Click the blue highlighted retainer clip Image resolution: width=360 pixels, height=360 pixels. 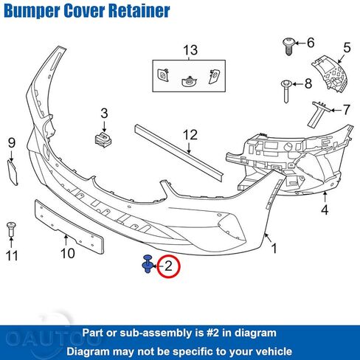[148, 264]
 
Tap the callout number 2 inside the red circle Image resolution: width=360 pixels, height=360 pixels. [168, 266]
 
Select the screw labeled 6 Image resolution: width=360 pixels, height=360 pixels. [288, 46]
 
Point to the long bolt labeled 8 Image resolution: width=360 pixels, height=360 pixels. [286, 91]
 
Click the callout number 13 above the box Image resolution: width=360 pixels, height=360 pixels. [190, 50]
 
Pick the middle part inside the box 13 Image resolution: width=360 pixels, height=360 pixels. [189, 81]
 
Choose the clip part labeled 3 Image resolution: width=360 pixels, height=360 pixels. [103, 140]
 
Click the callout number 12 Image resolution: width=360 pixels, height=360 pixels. [190, 135]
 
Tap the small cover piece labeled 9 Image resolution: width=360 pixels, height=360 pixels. [12, 172]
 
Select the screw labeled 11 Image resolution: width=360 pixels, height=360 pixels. [11, 229]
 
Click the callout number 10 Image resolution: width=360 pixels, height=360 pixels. [68, 253]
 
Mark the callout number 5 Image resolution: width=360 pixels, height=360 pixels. [347, 47]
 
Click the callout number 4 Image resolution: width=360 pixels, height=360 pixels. [325, 210]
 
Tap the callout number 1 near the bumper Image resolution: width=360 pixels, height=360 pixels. [274, 248]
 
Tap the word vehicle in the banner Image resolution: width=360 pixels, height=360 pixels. [276, 351]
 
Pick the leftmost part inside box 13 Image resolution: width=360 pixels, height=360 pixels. [163, 75]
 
